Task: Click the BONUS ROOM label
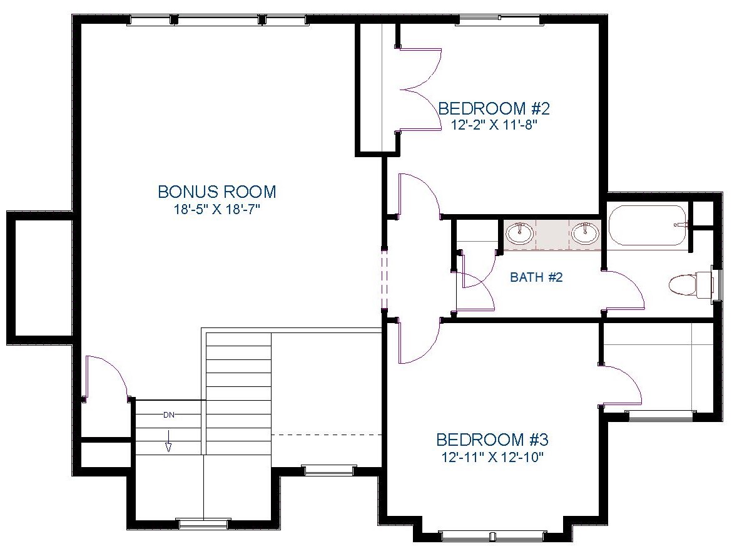(x=216, y=191)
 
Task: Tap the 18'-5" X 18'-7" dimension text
(x=216, y=209)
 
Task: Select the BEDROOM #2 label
(x=494, y=108)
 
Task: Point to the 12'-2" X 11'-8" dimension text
(x=494, y=125)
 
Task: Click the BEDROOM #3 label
(x=492, y=440)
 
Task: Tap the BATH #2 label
(x=536, y=277)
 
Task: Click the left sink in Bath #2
(x=519, y=234)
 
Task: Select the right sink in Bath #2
(x=585, y=234)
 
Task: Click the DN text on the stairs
(x=169, y=414)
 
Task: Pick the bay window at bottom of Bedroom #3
(x=494, y=535)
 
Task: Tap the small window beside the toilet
(x=717, y=286)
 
